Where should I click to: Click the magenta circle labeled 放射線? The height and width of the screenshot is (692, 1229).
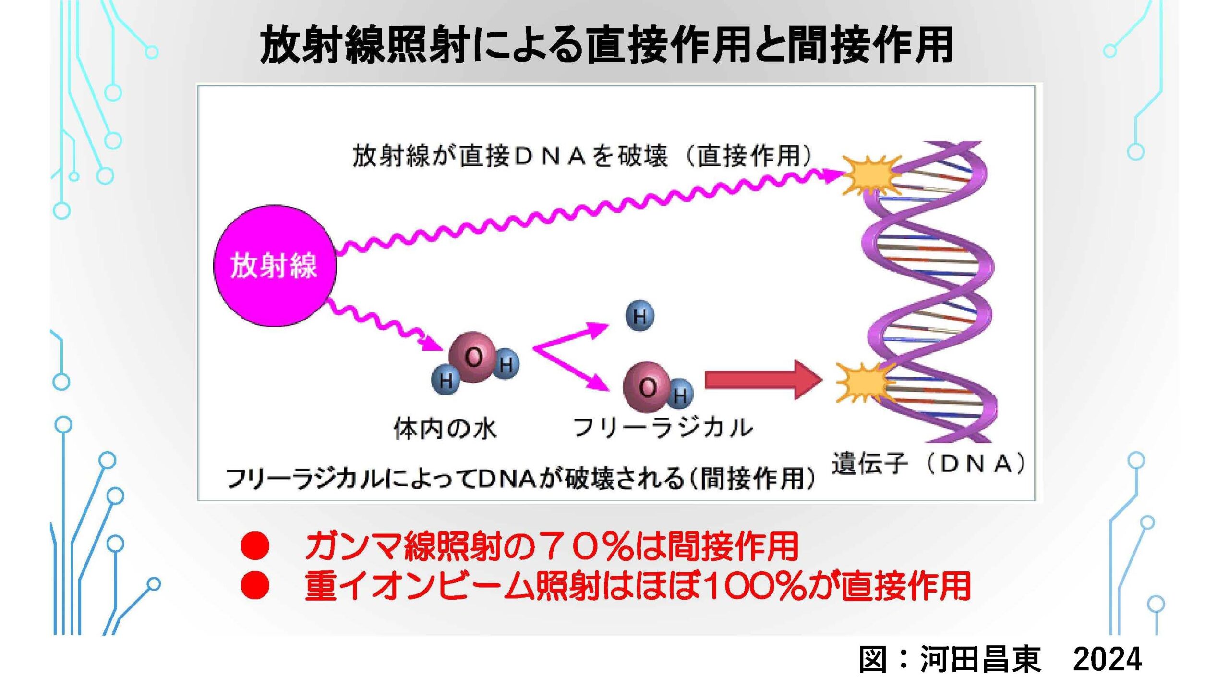(x=275, y=266)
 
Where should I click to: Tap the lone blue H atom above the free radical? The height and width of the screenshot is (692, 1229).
(x=639, y=316)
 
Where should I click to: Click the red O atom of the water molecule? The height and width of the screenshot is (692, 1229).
(x=472, y=357)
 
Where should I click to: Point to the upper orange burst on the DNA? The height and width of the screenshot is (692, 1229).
(x=869, y=174)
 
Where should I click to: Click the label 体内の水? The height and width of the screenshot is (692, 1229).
(x=445, y=429)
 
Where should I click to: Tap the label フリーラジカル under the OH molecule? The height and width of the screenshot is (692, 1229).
(x=663, y=428)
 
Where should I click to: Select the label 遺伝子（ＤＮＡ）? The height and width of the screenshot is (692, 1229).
(x=928, y=464)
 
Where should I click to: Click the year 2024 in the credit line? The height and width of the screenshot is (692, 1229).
(x=1107, y=660)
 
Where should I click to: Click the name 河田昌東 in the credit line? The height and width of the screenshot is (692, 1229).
(x=980, y=660)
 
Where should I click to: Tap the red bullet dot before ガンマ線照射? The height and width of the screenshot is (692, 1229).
(x=255, y=547)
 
